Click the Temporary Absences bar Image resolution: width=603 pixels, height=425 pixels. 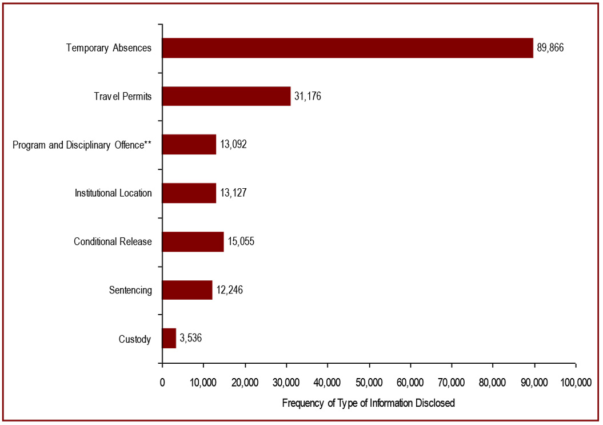point(348,48)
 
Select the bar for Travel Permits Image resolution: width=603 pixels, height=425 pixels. point(226,96)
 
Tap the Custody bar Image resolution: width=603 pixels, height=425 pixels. point(169,339)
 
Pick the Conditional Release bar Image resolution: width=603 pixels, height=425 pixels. point(193,241)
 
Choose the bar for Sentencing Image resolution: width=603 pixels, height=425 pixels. point(187,290)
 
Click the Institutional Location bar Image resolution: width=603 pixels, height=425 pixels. point(189,193)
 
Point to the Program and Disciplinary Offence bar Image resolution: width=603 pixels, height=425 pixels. point(189,145)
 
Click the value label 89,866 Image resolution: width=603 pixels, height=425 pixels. point(550,48)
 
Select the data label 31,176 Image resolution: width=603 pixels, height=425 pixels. point(308,96)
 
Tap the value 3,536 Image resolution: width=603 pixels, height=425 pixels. point(190,339)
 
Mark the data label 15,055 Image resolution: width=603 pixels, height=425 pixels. point(240,241)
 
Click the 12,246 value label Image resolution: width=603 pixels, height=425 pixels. point(229,290)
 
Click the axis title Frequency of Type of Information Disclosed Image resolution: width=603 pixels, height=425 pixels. point(369,403)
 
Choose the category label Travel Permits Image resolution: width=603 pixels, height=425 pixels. point(123,96)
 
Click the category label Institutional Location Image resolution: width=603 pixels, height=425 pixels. point(113,193)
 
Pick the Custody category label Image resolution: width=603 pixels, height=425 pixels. point(135,339)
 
